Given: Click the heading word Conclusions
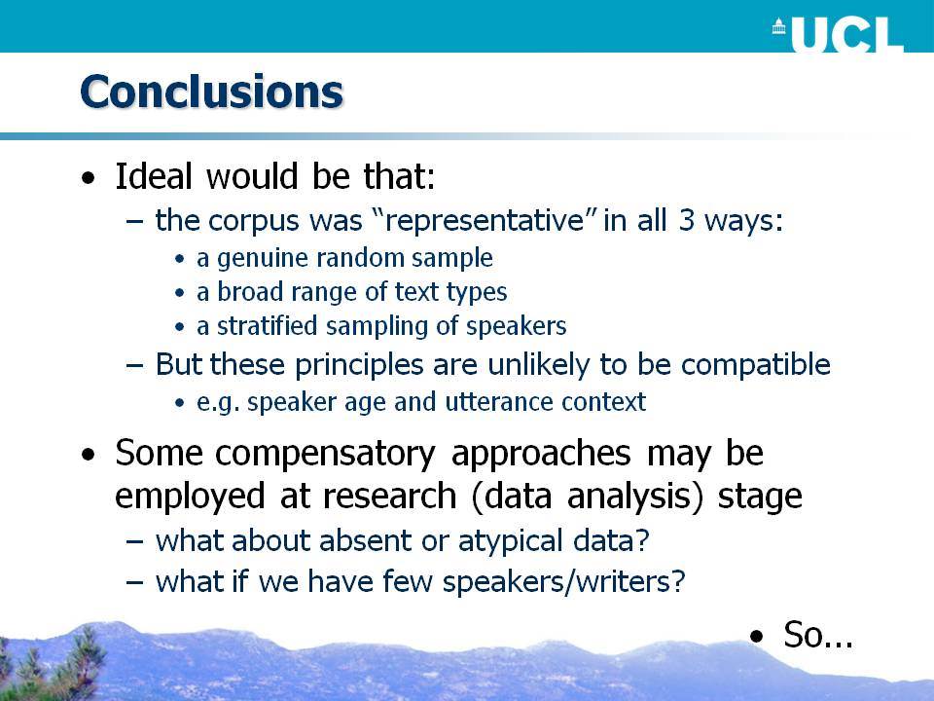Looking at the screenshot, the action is [x=211, y=92].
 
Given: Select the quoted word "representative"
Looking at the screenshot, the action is [x=485, y=220].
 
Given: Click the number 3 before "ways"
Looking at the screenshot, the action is [x=687, y=220].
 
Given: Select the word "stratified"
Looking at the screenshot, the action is [x=267, y=325].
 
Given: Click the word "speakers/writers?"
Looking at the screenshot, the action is [x=563, y=581].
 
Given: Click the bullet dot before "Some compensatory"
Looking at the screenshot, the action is [x=89, y=456].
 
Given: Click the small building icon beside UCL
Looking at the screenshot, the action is [x=778, y=27].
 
